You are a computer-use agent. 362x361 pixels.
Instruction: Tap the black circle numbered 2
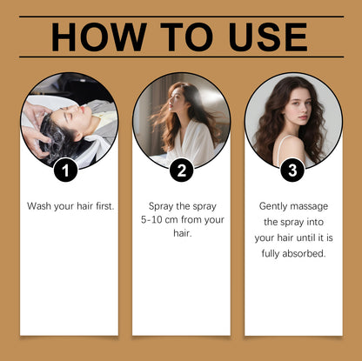click(181, 170)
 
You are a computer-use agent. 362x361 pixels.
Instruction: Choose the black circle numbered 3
click(293, 170)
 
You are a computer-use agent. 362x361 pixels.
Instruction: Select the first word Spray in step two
click(155, 206)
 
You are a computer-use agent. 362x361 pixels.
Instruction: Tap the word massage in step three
click(310, 206)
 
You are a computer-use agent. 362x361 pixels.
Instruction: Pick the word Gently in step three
click(275, 206)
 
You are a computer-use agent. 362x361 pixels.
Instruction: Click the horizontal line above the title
click(181, 16)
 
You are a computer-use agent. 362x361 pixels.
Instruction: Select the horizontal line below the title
click(181, 57)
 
